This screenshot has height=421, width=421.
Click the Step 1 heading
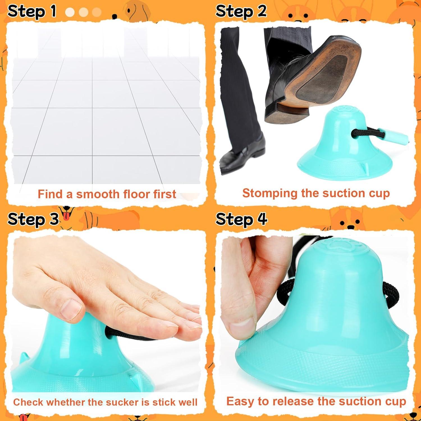32,12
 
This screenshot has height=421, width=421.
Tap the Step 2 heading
241,12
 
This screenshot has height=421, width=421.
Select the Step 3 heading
33,219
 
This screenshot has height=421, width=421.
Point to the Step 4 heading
241,219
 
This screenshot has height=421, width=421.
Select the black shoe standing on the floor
241,154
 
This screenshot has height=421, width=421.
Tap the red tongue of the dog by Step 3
66,217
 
